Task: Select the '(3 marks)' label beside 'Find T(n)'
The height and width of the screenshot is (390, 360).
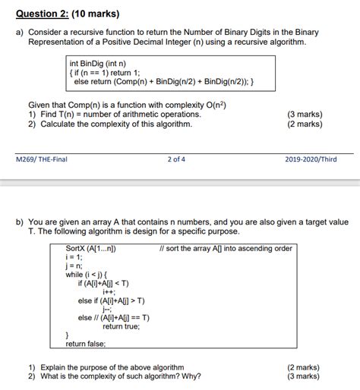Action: click(x=305, y=115)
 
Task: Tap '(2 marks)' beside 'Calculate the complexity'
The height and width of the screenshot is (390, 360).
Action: click(x=305, y=124)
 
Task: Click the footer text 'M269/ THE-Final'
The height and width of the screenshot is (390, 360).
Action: click(x=43, y=160)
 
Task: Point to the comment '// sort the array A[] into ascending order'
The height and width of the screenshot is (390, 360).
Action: click(x=226, y=248)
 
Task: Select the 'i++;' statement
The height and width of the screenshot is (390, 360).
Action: click(x=110, y=291)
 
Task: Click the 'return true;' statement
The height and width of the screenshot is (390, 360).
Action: click(x=121, y=326)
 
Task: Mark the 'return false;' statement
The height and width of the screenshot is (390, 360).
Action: click(x=86, y=344)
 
